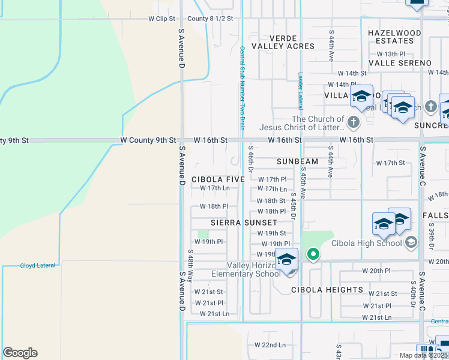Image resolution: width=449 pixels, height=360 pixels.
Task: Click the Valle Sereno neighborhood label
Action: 400,63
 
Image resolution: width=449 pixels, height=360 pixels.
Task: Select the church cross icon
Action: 353,123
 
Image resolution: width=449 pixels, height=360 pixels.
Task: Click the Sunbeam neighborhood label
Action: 297,162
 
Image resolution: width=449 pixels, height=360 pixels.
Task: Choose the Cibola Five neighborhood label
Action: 218,179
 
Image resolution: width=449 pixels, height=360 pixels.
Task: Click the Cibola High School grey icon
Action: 411,242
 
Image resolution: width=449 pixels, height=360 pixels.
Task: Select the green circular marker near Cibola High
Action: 313,255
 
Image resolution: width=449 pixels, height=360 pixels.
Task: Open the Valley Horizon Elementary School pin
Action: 287,260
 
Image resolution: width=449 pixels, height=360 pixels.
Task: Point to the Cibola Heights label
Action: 327,290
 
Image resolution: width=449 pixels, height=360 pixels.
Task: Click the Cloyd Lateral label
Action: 37,265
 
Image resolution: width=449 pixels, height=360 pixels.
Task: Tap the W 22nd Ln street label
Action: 270,345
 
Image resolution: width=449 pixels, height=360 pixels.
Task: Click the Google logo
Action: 20,353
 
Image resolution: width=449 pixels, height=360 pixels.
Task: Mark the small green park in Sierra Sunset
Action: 203,233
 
